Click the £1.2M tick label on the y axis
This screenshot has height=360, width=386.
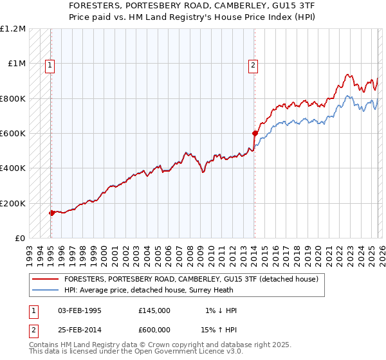point(12,29)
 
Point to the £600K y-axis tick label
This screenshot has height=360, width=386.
point(12,134)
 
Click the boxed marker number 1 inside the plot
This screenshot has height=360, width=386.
point(50,64)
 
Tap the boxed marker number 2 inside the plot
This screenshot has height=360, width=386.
point(253,64)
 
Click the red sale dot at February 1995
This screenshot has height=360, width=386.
point(51,213)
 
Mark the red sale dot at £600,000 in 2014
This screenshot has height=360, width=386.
point(255,134)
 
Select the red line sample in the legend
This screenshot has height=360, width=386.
point(45,279)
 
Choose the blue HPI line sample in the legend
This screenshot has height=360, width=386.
point(45,290)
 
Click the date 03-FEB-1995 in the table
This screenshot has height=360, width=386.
point(80,310)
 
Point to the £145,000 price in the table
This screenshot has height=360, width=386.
point(154,310)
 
